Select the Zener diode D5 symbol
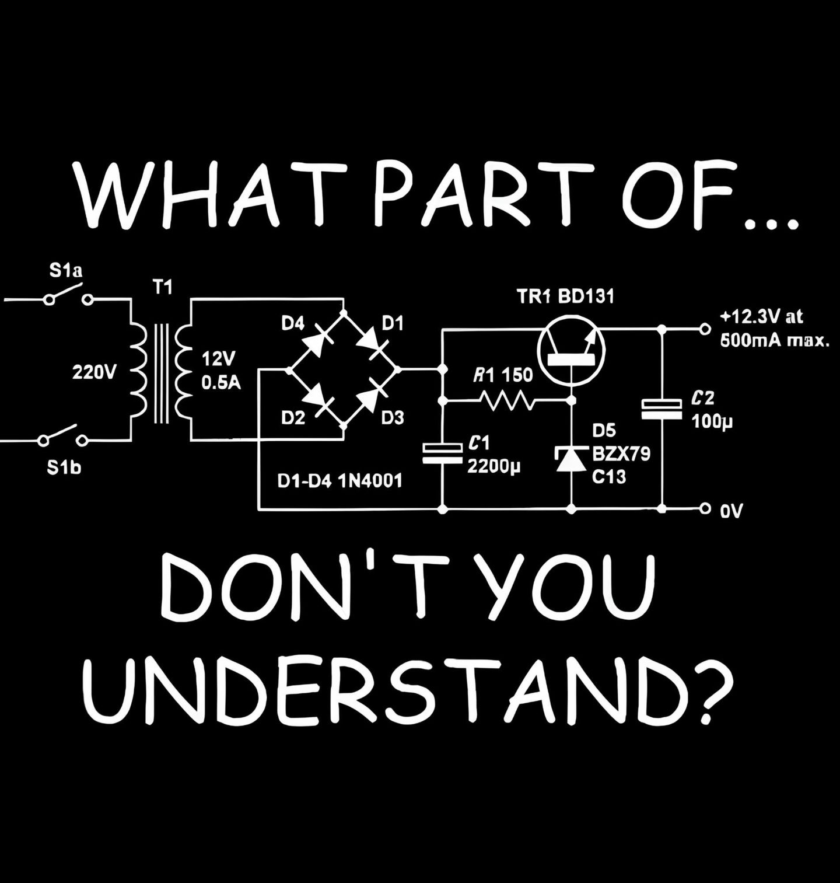tap(571, 458)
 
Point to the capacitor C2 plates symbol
tap(661, 409)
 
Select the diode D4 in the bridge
tap(316, 342)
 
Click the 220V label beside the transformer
tap(94, 372)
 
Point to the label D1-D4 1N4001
tap(340, 481)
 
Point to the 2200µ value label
tap(494, 467)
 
